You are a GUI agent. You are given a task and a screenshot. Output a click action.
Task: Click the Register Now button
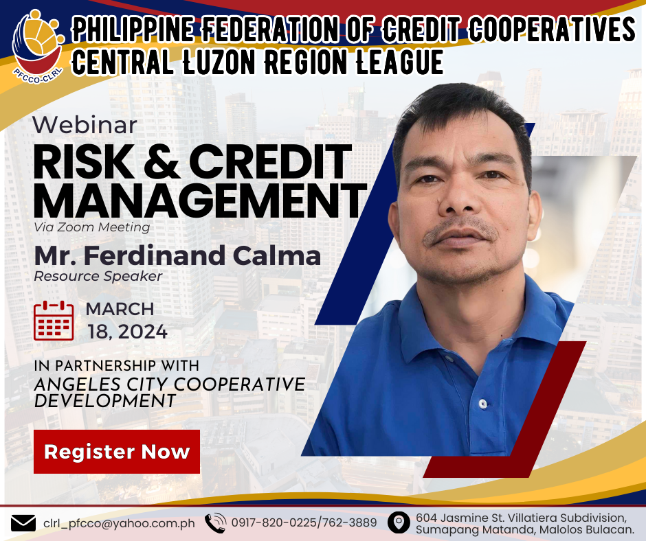pos(117,452)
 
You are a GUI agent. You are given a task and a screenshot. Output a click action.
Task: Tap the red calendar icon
pos(54,321)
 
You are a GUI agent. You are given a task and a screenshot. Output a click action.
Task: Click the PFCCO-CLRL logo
pos(38,46)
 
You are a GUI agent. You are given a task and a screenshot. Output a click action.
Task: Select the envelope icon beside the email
pos(23,523)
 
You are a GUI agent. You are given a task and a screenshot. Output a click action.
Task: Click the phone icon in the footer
pos(216,523)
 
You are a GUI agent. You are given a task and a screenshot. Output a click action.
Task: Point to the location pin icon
pos(399,522)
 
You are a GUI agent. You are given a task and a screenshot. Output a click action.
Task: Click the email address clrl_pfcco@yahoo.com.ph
pos(119,523)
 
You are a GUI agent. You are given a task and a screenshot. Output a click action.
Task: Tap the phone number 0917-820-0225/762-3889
pos(304,522)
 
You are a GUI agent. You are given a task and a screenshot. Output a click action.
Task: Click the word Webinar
pos(85,125)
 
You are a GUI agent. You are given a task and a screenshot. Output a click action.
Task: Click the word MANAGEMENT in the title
pos(200,201)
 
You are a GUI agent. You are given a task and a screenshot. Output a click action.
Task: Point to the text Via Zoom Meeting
pos(92,227)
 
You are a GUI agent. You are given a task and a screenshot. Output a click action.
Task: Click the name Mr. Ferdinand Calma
pos(177,255)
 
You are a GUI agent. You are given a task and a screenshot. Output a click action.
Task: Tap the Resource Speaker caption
pos(98,276)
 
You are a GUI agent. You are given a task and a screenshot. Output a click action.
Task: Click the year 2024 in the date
pos(142,332)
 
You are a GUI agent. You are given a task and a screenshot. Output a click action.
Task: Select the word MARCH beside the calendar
pos(120,309)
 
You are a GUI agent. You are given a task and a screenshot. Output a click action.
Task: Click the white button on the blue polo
pos(483,404)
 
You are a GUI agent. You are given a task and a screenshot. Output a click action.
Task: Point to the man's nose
pos(458,198)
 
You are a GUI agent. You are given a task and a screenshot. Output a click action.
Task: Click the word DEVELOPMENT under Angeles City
pos(105,401)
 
